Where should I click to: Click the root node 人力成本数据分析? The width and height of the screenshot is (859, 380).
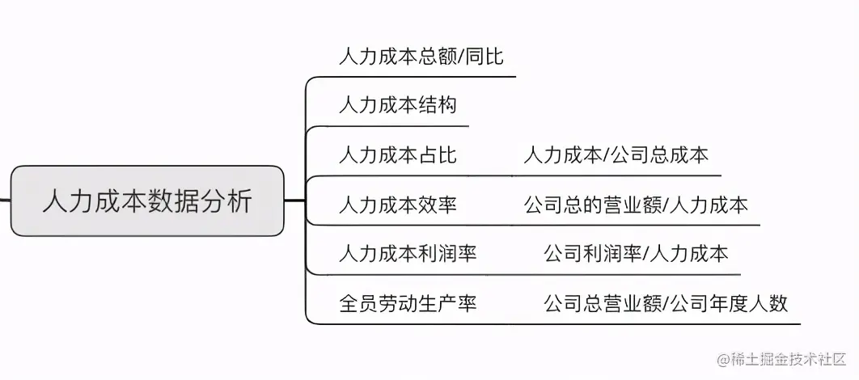coord(147,201)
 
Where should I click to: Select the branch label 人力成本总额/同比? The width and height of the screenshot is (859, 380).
coord(421,56)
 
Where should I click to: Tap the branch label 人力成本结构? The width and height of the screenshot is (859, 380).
coord(398,105)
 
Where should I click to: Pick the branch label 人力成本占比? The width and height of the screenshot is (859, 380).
coord(398,154)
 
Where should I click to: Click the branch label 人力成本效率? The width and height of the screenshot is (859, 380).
coord(398,205)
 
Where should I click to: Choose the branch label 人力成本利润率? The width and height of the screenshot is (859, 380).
coord(408,254)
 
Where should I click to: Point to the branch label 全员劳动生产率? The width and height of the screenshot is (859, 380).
coord(408,303)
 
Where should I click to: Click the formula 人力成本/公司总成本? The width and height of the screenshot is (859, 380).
coord(616,154)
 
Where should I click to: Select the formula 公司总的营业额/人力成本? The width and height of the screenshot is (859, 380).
coord(636,205)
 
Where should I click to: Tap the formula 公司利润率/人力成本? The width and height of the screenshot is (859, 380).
coord(636,254)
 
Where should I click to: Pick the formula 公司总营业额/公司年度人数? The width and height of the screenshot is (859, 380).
coord(666,303)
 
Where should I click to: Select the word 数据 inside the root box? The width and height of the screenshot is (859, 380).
coord(167,201)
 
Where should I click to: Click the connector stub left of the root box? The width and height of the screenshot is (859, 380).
coord(5,201)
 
